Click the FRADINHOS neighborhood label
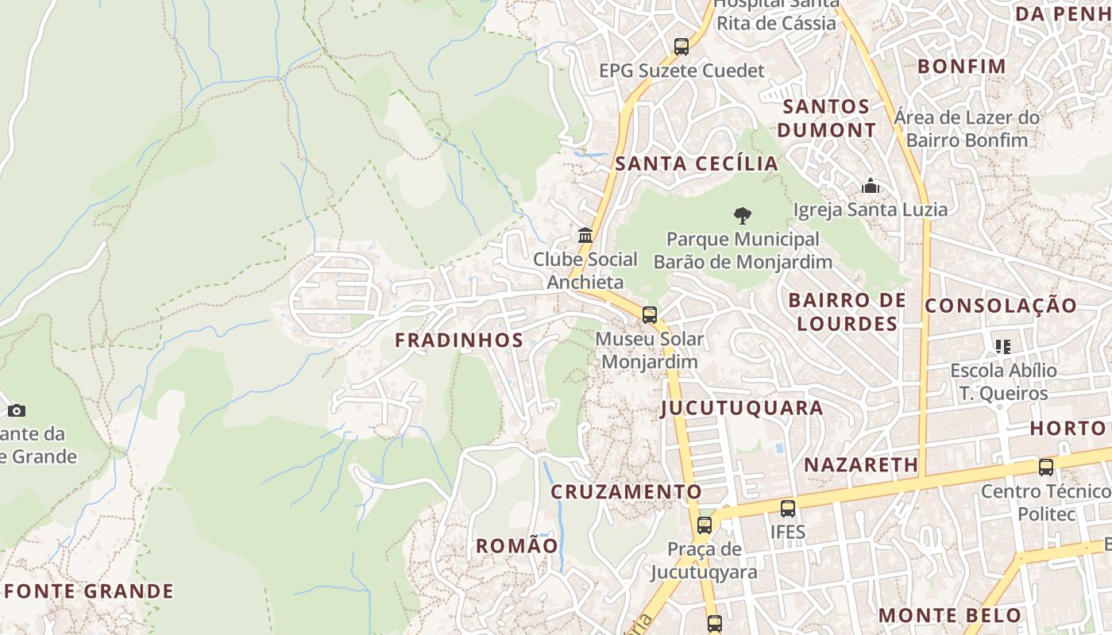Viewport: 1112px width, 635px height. pos(459,341)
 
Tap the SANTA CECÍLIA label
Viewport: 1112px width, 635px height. pos(697,164)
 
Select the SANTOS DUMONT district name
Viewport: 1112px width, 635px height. pos(826,118)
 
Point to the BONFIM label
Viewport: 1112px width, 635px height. pos(962,67)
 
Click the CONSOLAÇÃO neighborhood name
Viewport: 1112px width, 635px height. pos(1001,306)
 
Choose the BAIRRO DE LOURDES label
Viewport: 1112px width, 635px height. pos(847,312)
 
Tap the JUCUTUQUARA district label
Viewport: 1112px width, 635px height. pos(742,408)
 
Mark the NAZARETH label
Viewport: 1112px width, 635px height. pos(861,465)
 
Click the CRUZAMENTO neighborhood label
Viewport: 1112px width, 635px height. pos(627,492)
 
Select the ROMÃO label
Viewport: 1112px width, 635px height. pos(517,546)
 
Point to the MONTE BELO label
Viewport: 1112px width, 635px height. pos(950,615)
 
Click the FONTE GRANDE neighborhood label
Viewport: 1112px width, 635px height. pos(89,591)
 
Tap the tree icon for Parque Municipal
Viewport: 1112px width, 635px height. pos(743,215)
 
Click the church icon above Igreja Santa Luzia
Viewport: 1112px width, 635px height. pos(871,187)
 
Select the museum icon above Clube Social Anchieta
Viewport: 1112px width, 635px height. pos(585,236)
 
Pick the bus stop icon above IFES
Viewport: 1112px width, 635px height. pos(787,509)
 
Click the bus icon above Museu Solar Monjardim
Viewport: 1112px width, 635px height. pos(650,315)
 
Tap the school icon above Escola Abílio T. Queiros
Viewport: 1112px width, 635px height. pos(1003,347)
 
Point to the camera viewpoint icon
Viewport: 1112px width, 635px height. pos(17,410)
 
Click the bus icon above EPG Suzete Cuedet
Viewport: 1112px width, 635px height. pos(681,47)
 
